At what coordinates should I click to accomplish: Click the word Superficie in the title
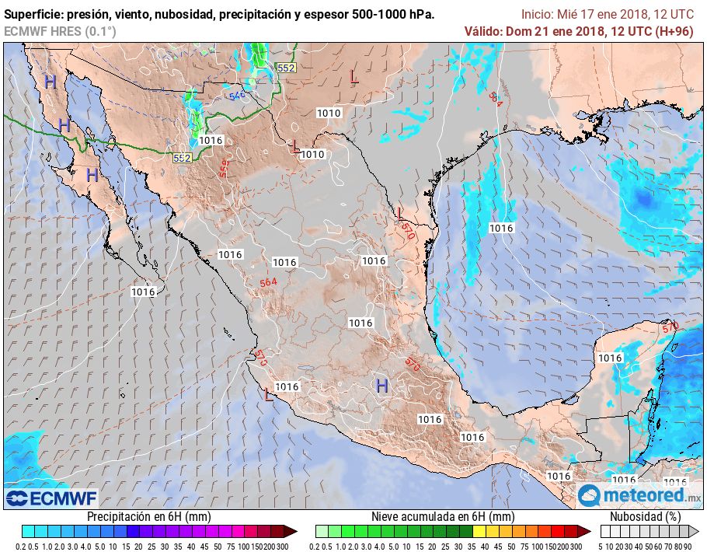point(33,15)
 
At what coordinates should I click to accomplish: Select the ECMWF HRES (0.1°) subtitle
point(60,31)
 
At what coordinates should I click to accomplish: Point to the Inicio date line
point(607,14)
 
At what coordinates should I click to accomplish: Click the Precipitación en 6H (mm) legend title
point(148,516)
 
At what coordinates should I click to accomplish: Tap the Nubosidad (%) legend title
point(645,516)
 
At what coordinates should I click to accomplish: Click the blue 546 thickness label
point(236,96)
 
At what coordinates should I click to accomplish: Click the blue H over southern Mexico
point(381,386)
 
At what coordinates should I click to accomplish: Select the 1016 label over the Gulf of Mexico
point(501,228)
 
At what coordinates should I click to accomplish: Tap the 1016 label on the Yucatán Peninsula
point(610,358)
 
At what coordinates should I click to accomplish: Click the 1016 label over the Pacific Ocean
point(143,292)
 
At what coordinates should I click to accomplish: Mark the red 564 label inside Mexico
point(268,281)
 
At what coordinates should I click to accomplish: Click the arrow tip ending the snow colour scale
point(588,532)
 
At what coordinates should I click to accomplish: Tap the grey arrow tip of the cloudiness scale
point(697,532)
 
